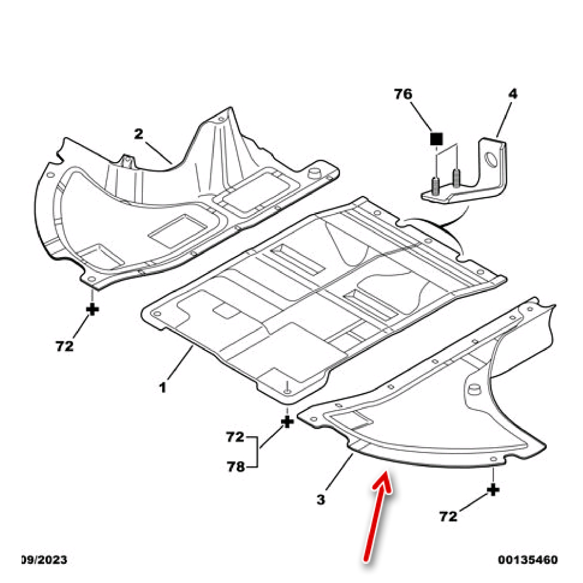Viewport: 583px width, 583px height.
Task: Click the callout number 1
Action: (163, 387)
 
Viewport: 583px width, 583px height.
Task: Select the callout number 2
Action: (139, 134)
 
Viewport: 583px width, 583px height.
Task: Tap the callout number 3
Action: (321, 499)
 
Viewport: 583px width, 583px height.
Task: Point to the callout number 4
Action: (512, 93)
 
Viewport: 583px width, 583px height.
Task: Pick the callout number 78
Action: (236, 466)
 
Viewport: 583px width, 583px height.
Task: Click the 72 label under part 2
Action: (65, 346)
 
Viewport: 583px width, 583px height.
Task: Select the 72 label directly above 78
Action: (236, 436)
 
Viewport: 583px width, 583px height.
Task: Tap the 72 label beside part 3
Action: (449, 516)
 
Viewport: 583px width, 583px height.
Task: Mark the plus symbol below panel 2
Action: (92, 309)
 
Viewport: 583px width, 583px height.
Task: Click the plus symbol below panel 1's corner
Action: (287, 421)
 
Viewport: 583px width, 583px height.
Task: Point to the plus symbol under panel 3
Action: (493, 489)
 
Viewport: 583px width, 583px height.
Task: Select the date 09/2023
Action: (44, 560)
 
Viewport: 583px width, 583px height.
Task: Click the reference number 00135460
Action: (528, 560)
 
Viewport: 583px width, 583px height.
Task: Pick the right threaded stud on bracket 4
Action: (456, 175)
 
